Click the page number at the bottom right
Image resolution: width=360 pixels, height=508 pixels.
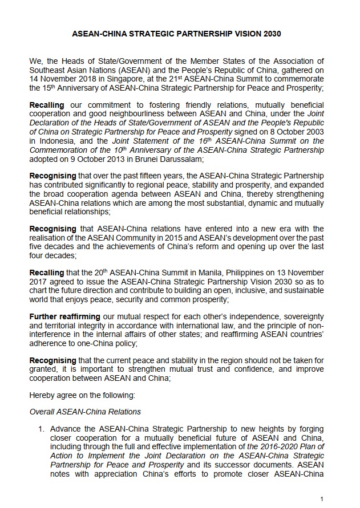(x=322, y=499)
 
